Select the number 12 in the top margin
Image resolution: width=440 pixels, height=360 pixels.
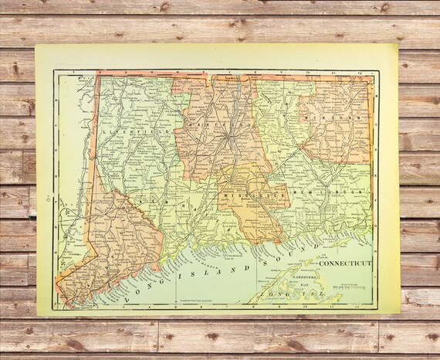[x=360, y=73]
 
